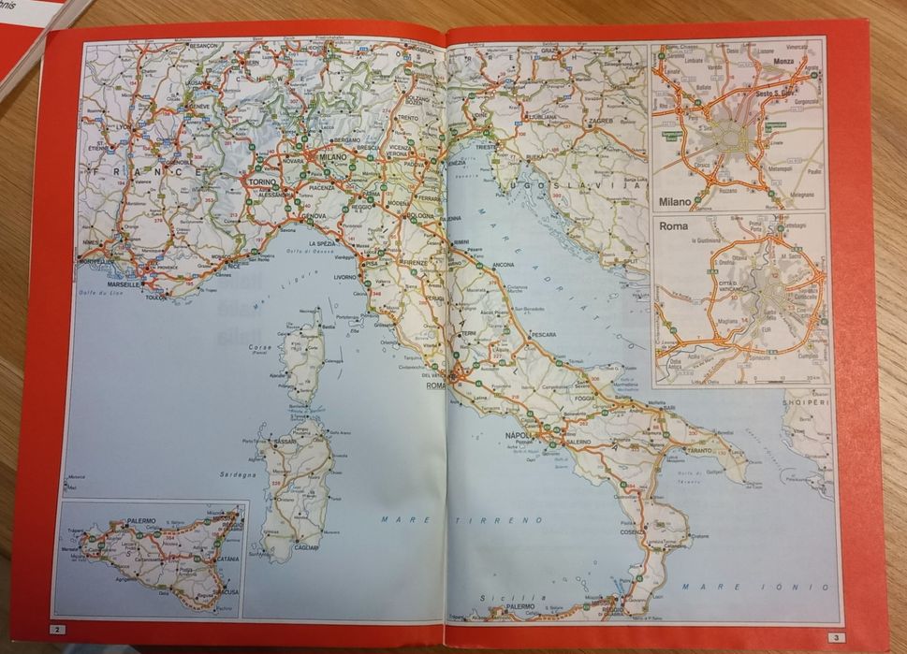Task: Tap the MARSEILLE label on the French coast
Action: (123, 283)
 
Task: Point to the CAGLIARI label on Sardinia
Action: (306, 547)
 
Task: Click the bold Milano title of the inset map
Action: (679, 201)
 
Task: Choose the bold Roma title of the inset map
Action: (674, 226)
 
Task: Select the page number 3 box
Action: (834, 637)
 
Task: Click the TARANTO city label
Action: (699, 450)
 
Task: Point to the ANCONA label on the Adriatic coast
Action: (504, 265)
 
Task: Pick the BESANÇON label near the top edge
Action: (203, 45)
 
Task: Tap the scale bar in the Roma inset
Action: (811, 378)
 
